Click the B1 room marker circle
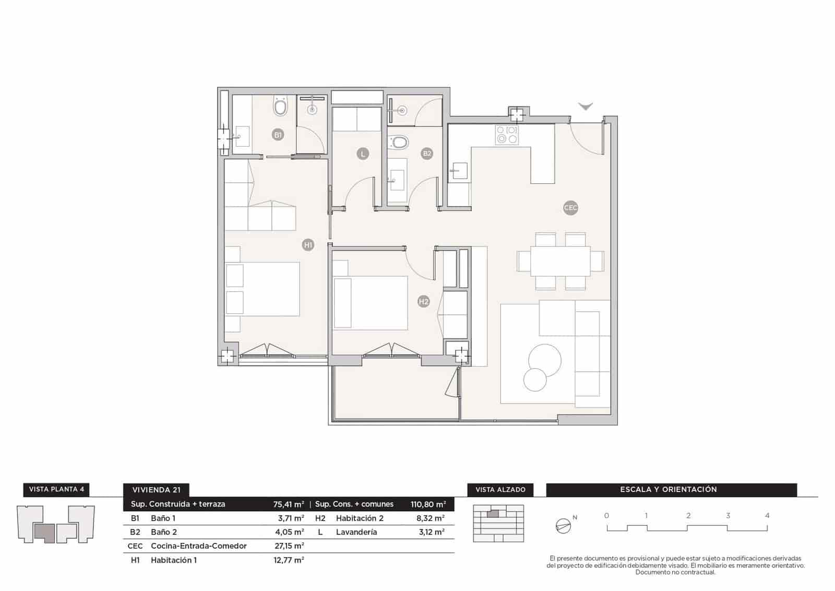tap(278, 135)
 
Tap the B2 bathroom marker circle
tap(427, 153)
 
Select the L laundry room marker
tap(362, 153)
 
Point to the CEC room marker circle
tap(571, 208)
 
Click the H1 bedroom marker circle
tap(308, 244)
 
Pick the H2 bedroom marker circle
tap(423, 301)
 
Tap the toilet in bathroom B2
tap(400, 142)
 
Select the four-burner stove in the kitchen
tap(507, 135)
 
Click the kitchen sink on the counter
tap(460, 171)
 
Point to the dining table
tap(560, 261)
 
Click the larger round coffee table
tap(545, 360)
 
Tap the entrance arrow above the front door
tap(586, 107)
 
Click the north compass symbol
tap(563, 526)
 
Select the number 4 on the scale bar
tap(767, 515)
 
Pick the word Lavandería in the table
tap(356, 532)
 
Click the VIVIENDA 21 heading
tap(156, 490)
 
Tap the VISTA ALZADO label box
tap(500, 490)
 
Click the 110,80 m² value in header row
tap(428, 504)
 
